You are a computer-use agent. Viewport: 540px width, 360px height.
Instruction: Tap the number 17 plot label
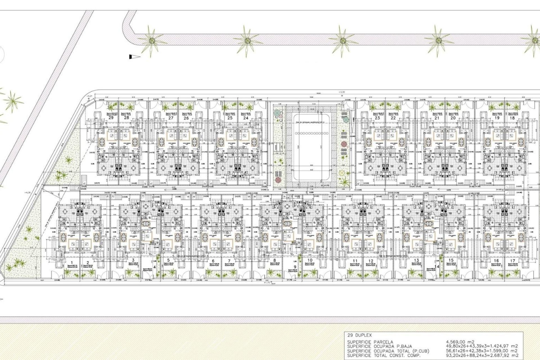512,261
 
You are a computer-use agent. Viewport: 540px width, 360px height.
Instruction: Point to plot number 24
246,118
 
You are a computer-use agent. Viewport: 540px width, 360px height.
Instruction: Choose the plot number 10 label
310,260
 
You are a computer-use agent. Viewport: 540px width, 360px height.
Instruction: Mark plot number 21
437,118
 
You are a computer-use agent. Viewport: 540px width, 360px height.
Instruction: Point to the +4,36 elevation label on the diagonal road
27,193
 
